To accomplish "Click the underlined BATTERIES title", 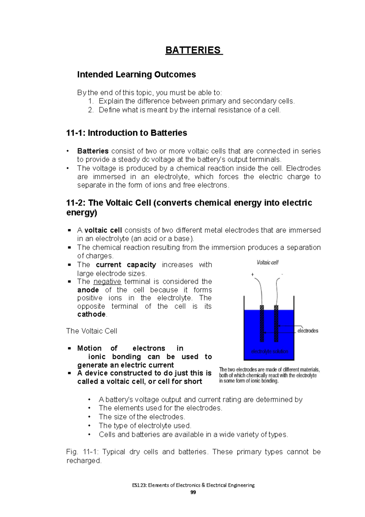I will click(x=194, y=50).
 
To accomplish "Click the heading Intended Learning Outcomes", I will click(x=136, y=75).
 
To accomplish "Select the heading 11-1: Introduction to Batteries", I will click(x=127, y=133).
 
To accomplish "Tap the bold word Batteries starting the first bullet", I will click(x=93, y=151).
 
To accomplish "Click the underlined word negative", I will click(x=107, y=282).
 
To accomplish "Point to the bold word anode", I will click(x=88, y=290).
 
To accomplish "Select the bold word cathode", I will click(x=91, y=315).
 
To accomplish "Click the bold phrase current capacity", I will click(x=126, y=265).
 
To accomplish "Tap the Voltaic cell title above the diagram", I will click(x=267, y=262).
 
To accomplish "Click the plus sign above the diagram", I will click(x=252, y=275).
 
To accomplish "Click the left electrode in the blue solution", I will click(x=262, y=323).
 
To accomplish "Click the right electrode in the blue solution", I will click(x=276, y=323).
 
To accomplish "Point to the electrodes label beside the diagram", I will click(x=308, y=331).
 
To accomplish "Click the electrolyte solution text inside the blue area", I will click(x=269, y=351).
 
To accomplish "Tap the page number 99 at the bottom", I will click(x=193, y=492).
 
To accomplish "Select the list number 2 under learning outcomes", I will click(x=90, y=110).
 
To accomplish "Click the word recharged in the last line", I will click(x=83, y=461).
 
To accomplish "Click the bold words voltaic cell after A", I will click(x=103, y=230).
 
